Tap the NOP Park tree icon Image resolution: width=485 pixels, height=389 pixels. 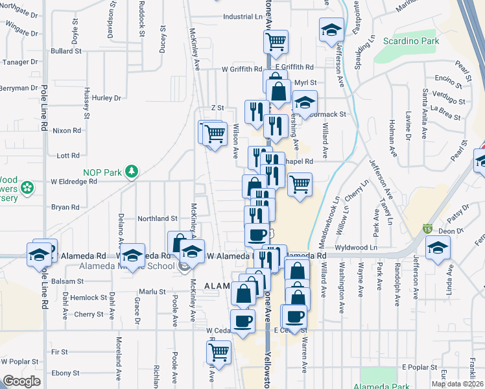[132, 171]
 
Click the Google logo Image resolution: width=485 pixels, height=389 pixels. [21, 381]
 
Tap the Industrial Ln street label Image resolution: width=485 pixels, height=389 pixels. [237, 17]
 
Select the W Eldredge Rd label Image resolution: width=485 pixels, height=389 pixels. [74, 182]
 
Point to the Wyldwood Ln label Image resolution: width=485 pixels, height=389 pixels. [357, 248]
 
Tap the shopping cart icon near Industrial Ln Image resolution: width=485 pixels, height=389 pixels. [276, 41]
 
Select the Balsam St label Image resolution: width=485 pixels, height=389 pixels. [68, 281]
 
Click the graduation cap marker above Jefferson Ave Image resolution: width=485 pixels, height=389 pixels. [331, 30]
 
